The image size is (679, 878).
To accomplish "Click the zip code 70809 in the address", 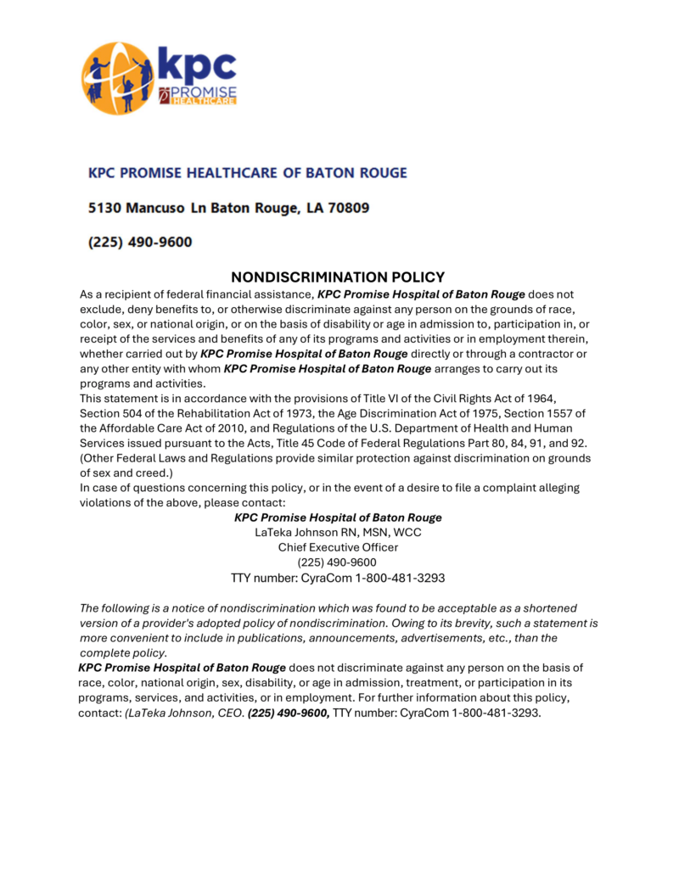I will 347,208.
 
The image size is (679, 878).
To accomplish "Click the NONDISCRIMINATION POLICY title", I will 338,277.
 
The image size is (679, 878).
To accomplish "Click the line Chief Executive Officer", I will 338,547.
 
